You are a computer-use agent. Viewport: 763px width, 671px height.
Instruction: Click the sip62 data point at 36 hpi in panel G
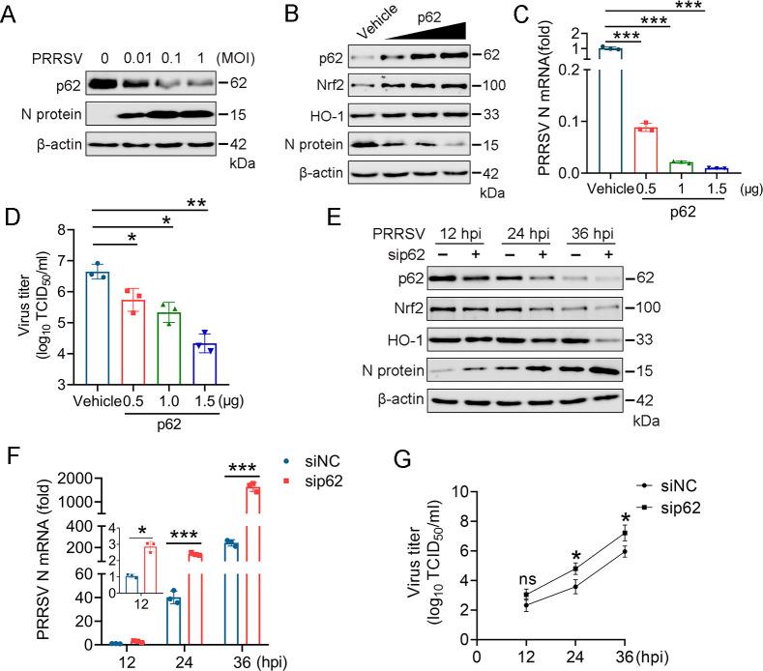(652, 533)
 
